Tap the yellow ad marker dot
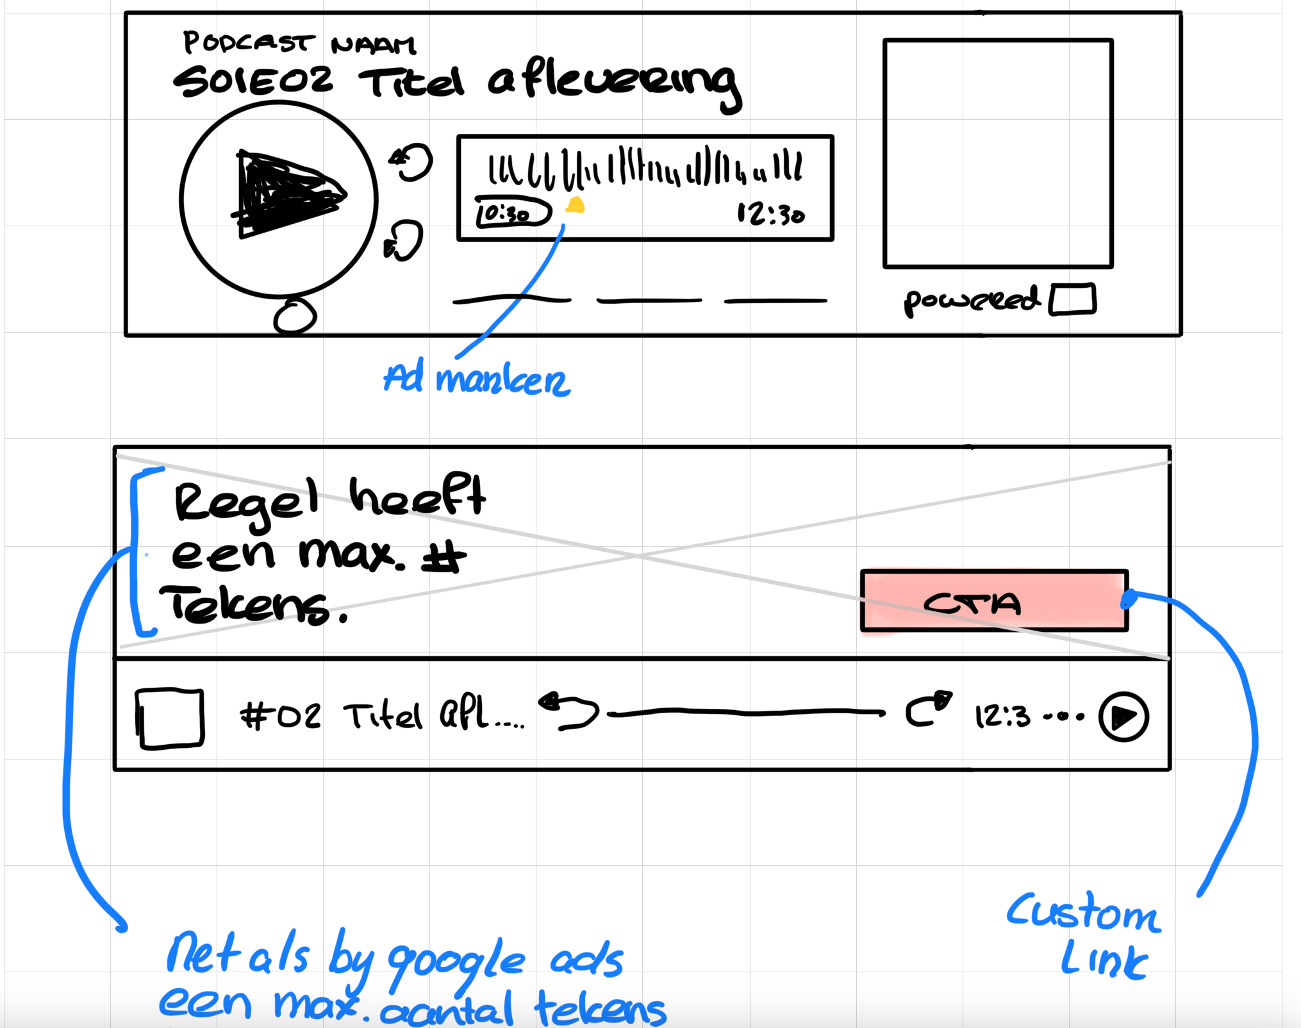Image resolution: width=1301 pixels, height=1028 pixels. point(575,205)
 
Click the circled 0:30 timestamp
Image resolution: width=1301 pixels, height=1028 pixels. point(513,213)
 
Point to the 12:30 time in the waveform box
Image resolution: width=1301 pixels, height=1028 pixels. point(770,214)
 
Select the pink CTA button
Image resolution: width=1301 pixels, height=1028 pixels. point(994,601)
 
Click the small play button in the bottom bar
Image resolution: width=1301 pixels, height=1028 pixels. point(1123,717)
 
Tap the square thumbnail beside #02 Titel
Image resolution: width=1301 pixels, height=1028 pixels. point(170,718)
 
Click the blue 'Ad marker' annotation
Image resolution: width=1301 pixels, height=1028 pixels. point(476,379)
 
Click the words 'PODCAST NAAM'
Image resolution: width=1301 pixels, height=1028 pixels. point(299,44)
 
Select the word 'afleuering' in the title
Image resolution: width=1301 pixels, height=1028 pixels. point(614,83)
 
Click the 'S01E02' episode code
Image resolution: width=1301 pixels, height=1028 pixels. point(253,82)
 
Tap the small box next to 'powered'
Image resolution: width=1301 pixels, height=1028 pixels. point(1072,299)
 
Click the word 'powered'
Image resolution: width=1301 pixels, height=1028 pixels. point(970,301)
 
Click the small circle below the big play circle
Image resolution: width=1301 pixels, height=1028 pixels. point(295,317)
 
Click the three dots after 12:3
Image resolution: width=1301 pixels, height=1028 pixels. point(1063,717)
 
